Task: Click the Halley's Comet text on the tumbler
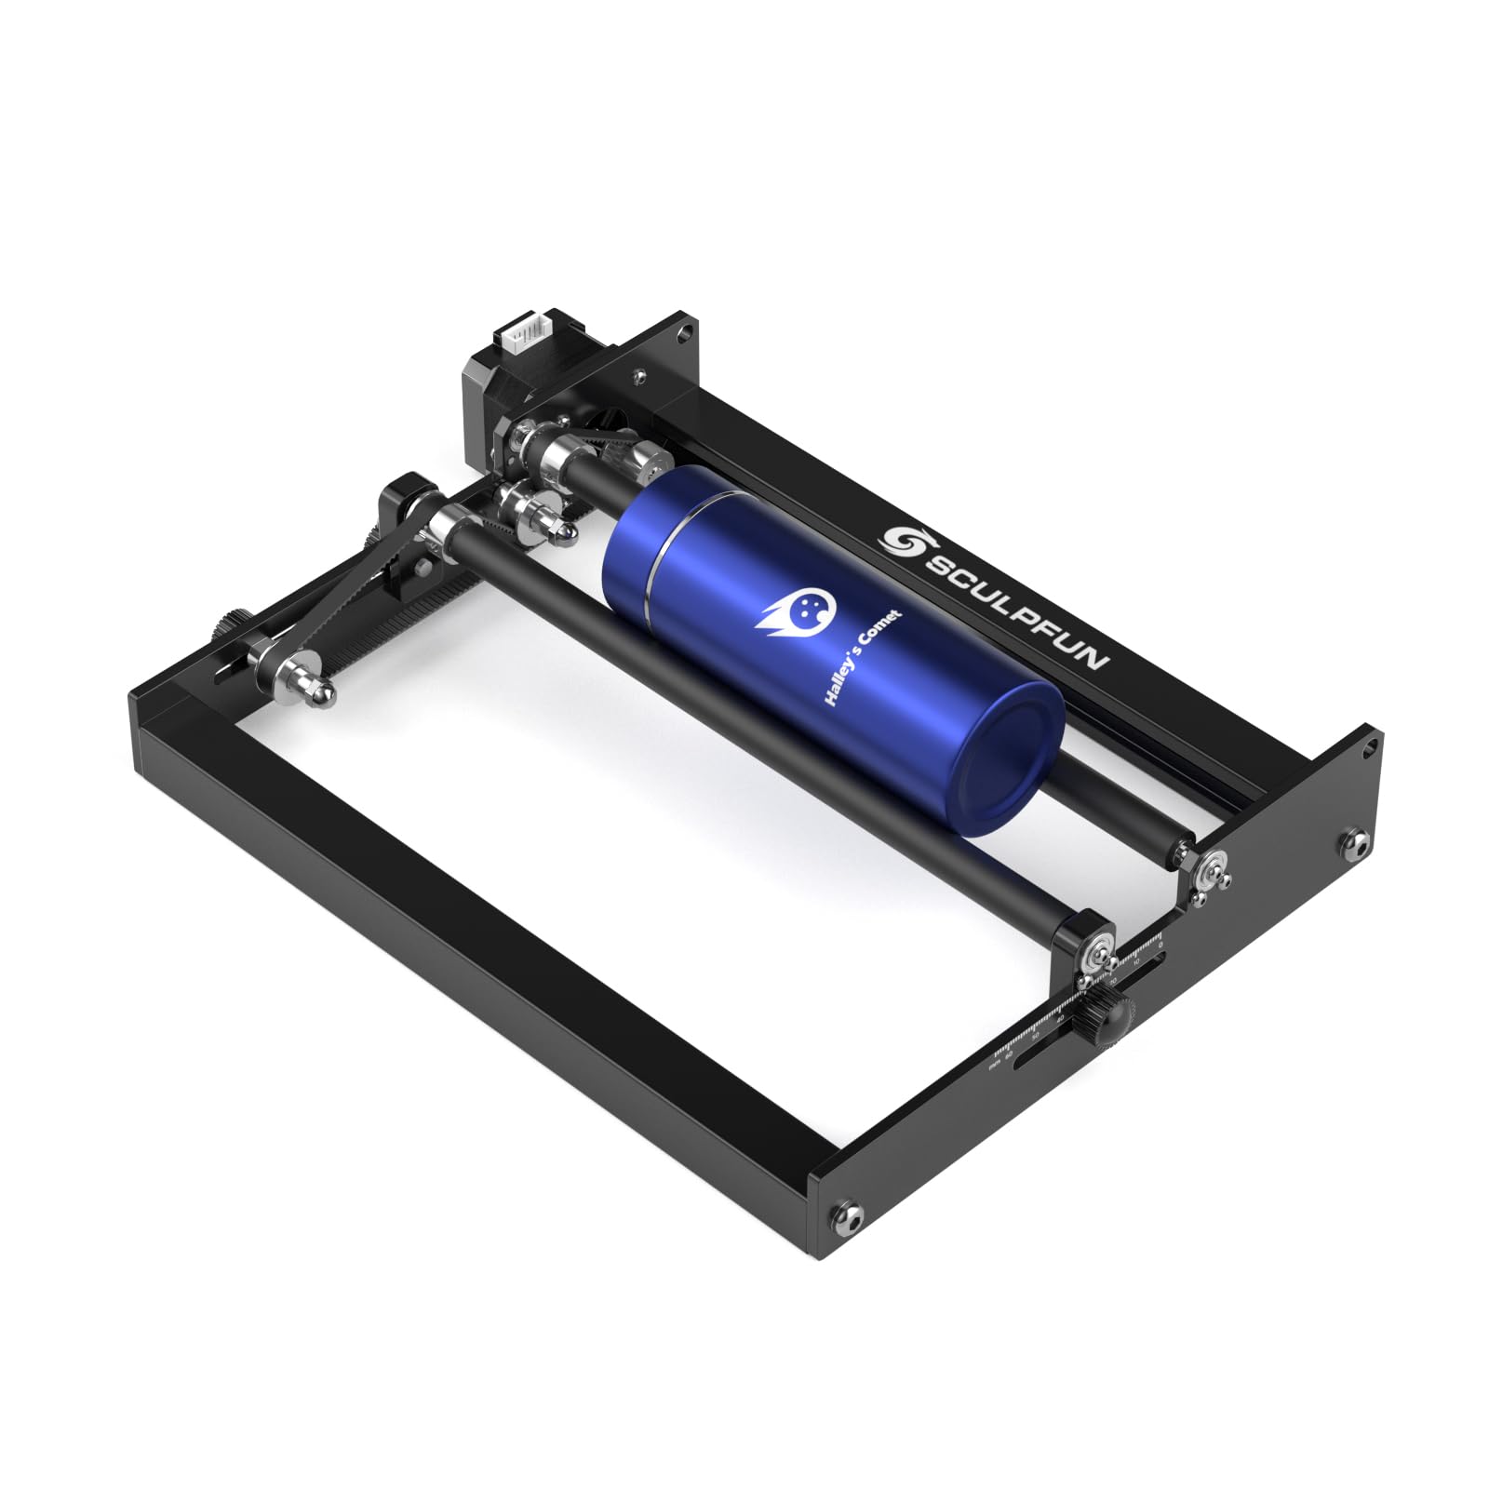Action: tap(862, 657)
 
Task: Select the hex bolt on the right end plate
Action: tap(1353, 843)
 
